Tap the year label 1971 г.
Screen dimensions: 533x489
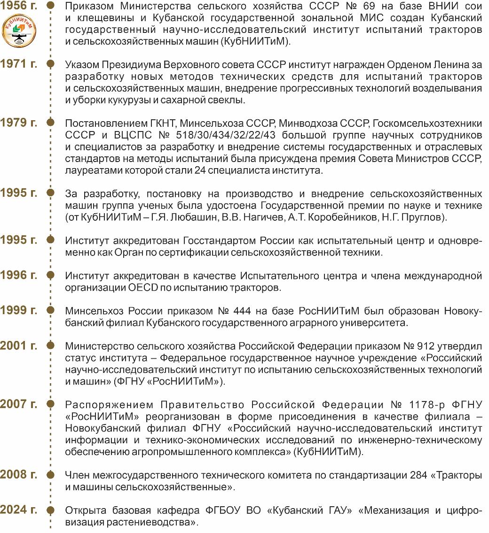coord(19,63)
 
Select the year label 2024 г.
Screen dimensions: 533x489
coord(19,509)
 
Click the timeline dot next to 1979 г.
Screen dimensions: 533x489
coord(51,123)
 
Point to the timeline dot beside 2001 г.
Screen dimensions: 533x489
coord(51,346)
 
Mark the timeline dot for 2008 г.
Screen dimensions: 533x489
coord(51,474)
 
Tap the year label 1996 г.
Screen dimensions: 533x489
coord(19,275)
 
